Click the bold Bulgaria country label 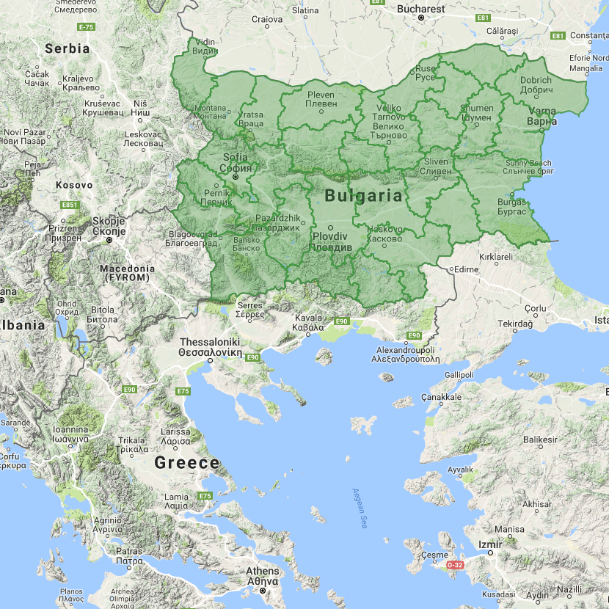coord(363,196)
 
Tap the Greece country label coord(186,463)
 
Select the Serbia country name coord(67,48)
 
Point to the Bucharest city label coord(421,10)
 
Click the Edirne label coord(466,269)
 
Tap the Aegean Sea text coord(359,508)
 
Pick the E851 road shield coord(71,205)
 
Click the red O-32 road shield coord(455,565)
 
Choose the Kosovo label coord(76,185)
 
